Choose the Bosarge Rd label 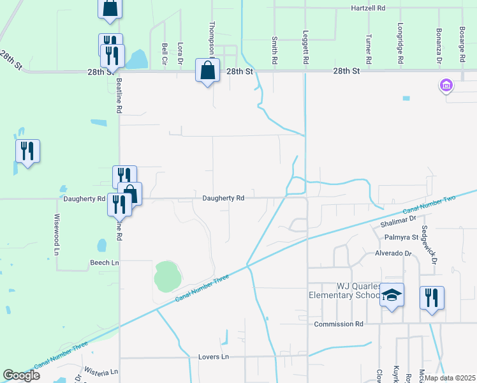click(463, 45)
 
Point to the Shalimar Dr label click(399, 223)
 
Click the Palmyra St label click(400, 237)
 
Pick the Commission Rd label click(339, 324)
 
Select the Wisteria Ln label click(101, 372)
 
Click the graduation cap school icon click(392, 295)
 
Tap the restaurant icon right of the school click(432, 298)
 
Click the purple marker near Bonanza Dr click(446, 85)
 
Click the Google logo click(21, 375)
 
